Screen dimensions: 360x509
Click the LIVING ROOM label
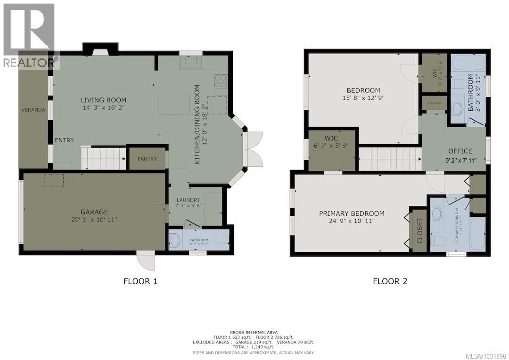pyautogui.click(x=103, y=100)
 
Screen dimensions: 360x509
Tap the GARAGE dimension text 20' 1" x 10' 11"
pyautogui.click(x=93, y=220)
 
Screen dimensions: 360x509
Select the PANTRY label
pyautogui.click(x=147, y=159)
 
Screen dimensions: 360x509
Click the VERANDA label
pyautogui.click(x=33, y=110)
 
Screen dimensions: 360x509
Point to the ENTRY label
pyautogui.click(x=64, y=140)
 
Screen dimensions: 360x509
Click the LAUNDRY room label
pyautogui.click(x=188, y=200)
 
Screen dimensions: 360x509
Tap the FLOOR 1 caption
pyautogui.click(x=140, y=281)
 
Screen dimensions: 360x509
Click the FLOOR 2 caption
pyautogui.click(x=390, y=281)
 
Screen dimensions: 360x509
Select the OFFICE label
pyautogui.click(x=460, y=151)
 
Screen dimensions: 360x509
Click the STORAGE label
pyautogui.click(x=434, y=103)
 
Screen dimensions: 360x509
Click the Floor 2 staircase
pyautogui.click(x=390, y=158)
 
